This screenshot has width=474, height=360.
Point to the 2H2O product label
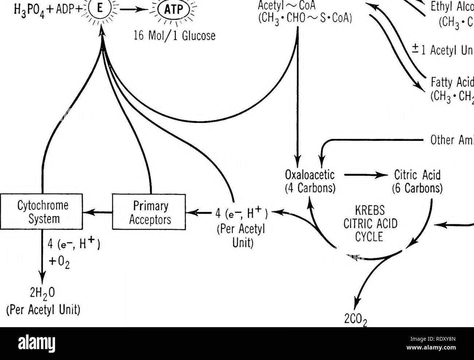point(42,294)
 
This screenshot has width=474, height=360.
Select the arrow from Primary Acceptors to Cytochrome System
point(97,212)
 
